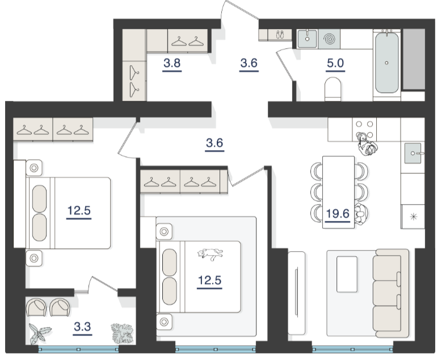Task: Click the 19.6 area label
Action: [338, 214]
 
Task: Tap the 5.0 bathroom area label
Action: [335, 63]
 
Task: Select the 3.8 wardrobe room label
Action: [172, 63]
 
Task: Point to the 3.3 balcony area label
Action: [82, 327]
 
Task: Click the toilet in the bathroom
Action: [333, 89]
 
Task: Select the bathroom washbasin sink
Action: [308, 39]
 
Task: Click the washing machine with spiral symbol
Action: [329, 39]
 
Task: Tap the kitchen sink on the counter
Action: [413, 153]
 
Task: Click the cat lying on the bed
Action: [211, 253]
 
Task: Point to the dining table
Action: [339, 192]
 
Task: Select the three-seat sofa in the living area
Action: [391, 293]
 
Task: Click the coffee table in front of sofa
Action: [347, 274]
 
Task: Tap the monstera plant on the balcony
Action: [122, 333]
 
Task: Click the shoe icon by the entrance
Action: [280, 35]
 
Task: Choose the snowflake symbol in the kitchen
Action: [414, 217]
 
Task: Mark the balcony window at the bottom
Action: [78, 350]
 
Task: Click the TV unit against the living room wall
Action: [297, 293]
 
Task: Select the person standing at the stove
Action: [367, 144]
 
